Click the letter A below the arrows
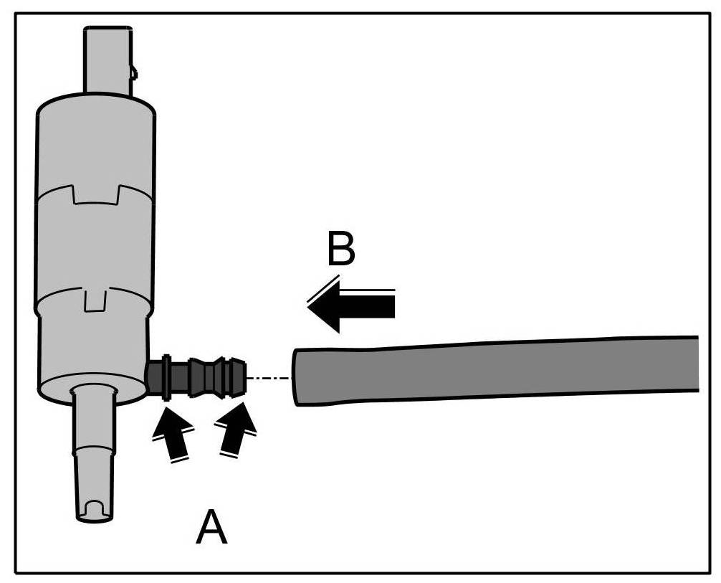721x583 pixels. tap(212, 529)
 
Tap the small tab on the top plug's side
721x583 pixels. tap(133, 70)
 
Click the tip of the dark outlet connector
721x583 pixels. tap(239, 377)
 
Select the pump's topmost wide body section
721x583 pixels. tap(95, 143)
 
